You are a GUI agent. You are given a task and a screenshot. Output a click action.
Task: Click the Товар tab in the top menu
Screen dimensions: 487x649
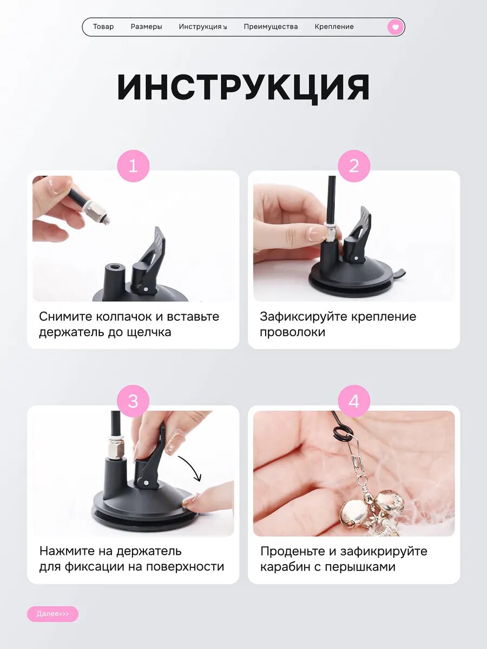coord(103,27)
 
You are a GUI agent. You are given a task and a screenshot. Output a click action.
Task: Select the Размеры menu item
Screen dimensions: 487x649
coord(146,27)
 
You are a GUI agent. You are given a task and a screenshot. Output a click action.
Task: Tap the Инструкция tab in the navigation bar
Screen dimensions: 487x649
coord(202,27)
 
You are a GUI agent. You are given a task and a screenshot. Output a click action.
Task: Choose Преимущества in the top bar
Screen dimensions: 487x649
coord(271,27)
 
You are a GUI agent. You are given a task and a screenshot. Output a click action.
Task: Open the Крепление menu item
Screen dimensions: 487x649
coord(334,27)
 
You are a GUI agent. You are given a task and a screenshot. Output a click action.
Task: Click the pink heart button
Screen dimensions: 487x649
coord(396,27)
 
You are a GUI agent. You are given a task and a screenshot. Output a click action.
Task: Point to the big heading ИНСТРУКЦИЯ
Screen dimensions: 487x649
coord(243,88)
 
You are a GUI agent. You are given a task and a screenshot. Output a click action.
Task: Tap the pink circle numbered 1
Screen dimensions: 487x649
coord(133,166)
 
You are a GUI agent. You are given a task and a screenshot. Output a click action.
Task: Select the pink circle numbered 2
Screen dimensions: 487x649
coord(354,166)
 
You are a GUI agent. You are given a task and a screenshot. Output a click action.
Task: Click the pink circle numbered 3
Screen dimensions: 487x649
coord(133,401)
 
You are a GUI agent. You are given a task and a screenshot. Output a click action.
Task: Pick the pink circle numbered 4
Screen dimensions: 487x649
coord(354,401)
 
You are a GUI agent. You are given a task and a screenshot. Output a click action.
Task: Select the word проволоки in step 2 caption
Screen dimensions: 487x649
coord(292,333)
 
